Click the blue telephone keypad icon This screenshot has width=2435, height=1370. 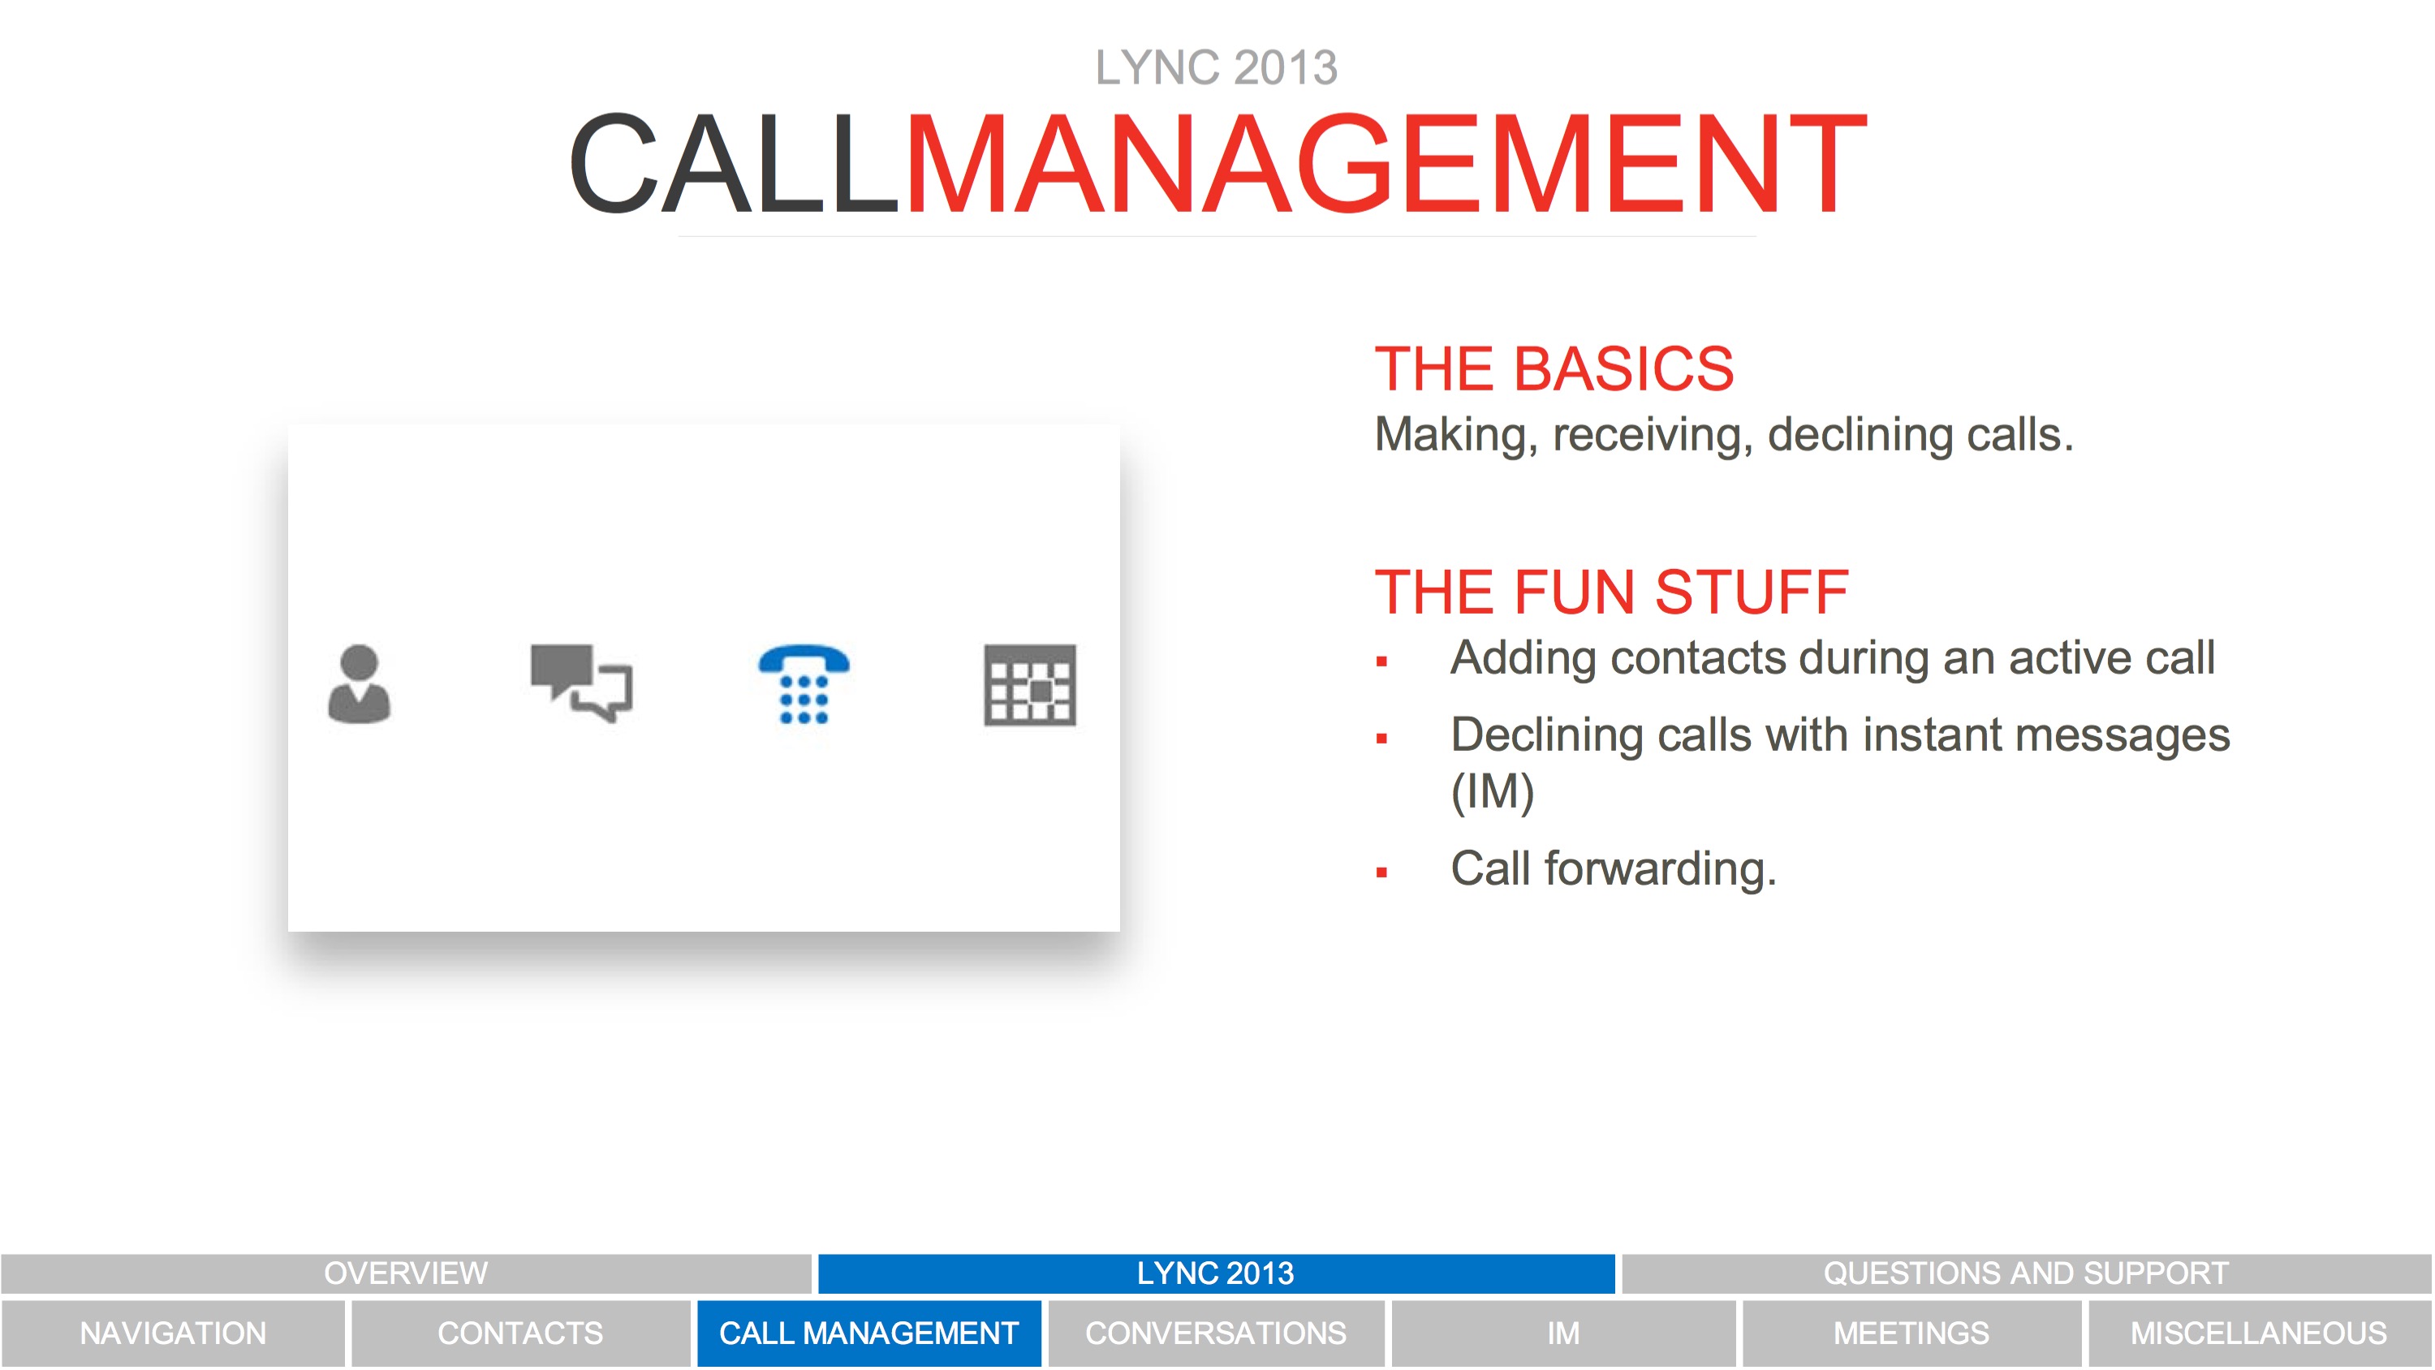(x=804, y=684)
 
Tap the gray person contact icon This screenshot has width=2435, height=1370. (x=360, y=684)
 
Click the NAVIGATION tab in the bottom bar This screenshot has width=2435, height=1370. (x=173, y=1333)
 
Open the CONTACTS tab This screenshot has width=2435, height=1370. (x=521, y=1333)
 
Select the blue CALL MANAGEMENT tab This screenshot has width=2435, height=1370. (x=868, y=1333)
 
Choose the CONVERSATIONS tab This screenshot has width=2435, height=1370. (x=1216, y=1333)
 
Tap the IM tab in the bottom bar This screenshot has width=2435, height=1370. (x=1563, y=1333)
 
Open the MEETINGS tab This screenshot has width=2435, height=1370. (x=1911, y=1333)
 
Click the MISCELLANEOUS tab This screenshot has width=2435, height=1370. (x=2259, y=1333)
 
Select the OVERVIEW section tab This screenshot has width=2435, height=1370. (x=407, y=1273)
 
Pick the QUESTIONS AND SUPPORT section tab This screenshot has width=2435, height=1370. (x=2027, y=1273)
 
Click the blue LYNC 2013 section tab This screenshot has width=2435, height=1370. (x=1216, y=1273)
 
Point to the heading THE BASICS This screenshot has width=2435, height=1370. (x=1554, y=368)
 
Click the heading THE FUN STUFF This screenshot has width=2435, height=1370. (x=1612, y=592)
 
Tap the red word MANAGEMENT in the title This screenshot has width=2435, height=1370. (x=1386, y=162)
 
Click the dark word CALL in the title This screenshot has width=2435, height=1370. (x=734, y=162)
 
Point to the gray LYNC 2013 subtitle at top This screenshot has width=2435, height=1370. (x=1217, y=68)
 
